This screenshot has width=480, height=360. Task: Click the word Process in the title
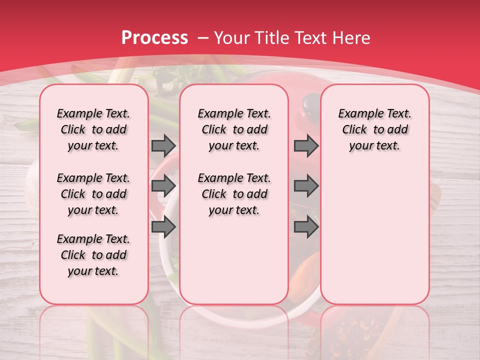click(x=154, y=38)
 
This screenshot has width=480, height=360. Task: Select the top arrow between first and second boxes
click(x=163, y=145)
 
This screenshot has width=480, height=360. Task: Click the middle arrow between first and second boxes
click(x=163, y=185)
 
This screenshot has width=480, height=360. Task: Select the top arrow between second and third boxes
click(x=306, y=145)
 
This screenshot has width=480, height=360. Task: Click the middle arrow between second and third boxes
click(x=306, y=185)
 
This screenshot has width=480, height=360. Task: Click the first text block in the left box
click(x=93, y=129)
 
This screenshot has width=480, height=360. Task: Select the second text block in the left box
click(x=93, y=194)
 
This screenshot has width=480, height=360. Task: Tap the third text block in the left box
click(x=93, y=255)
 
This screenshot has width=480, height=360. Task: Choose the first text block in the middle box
click(x=234, y=129)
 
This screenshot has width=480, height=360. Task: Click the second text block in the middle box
click(x=234, y=194)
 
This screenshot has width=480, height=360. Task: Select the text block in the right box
click(x=374, y=129)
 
